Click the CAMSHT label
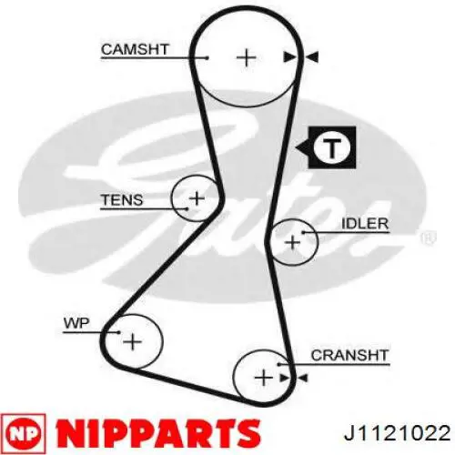(x=135, y=49)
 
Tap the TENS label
(x=122, y=200)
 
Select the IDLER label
(x=365, y=224)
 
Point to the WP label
(x=76, y=323)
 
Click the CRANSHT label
(x=349, y=355)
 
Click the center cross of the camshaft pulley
(x=246, y=57)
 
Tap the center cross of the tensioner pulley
(x=197, y=198)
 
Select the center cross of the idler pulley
(x=293, y=242)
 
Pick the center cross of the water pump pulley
(x=132, y=342)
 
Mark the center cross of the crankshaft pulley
(x=263, y=378)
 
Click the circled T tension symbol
(x=332, y=147)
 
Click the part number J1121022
(x=397, y=433)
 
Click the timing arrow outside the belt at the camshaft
(x=311, y=57)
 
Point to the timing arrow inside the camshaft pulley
(x=289, y=57)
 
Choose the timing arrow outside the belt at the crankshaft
(x=302, y=378)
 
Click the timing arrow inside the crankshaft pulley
(x=284, y=378)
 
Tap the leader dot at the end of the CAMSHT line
(x=207, y=57)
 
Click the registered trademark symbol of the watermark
(x=429, y=238)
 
